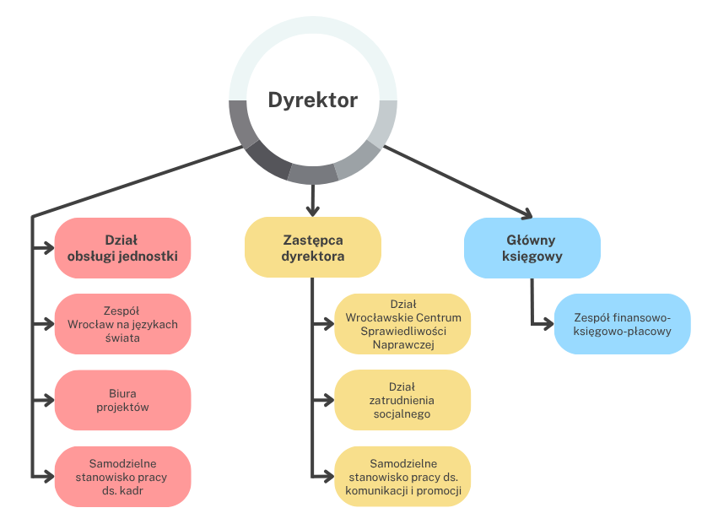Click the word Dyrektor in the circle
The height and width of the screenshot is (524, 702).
[312, 100]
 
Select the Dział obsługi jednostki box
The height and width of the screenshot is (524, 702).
[122, 247]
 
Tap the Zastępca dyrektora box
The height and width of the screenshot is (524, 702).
[312, 247]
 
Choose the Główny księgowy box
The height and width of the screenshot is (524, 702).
[532, 247]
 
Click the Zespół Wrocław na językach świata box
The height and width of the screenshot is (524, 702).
[122, 323]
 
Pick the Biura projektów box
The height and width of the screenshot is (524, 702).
[122, 399]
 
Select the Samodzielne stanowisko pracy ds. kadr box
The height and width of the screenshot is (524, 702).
[122, 476]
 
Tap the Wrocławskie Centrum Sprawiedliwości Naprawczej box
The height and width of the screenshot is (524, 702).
[402, 323]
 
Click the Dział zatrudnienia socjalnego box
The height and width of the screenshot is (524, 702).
[402, 400]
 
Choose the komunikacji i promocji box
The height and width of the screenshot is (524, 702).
[402, 476]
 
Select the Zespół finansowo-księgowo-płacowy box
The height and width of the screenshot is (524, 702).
[622, 323]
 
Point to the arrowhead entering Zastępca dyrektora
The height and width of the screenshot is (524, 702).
[312, 210]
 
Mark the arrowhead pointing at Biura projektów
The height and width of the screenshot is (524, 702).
[48, 399]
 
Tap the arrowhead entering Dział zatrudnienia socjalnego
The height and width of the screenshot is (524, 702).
[328, 399]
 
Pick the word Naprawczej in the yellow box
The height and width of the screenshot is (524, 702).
[402, 345]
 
